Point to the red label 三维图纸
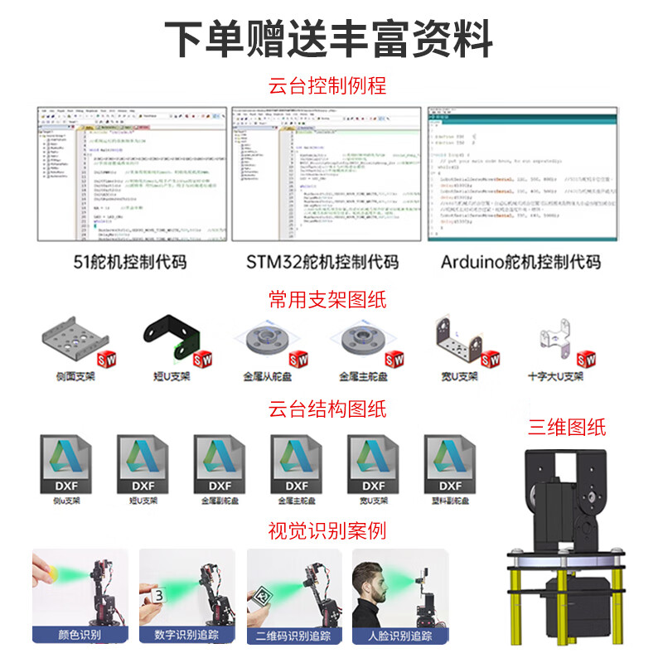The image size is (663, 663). pyautogui.click(x=568, y=428)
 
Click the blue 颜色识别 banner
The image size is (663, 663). pyautogui.click(x=81, y=636)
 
